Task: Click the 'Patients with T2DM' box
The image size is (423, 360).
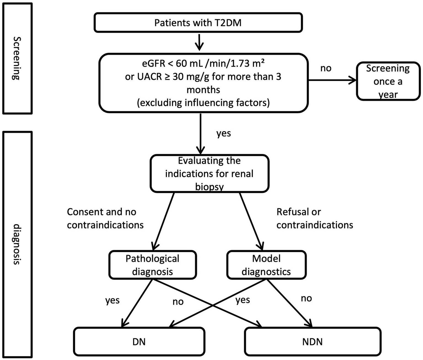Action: pos(198,23)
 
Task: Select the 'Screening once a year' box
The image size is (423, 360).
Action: pos(388,81)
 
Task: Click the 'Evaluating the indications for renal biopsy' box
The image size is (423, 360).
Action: pos(209,174)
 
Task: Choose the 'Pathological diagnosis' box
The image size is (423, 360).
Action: pos(152,265)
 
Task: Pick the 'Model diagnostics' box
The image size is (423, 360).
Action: pos(266,265)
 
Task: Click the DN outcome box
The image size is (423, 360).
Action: pos(139,342)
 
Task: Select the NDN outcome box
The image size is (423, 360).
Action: pos(312,342)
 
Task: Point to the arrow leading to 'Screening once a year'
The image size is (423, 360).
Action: pos(332,81)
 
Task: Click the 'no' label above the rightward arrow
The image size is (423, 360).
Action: pos(326,68)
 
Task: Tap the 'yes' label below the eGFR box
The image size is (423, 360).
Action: pos(223,134)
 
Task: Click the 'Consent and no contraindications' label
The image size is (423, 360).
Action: pos(105,218)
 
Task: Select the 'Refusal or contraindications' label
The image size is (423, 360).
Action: pos(314,218)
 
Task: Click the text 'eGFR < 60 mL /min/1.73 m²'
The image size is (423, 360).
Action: pos(203,64)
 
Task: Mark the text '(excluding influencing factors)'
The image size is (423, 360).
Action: pos(203,103)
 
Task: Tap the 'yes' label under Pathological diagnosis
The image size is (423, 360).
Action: pos(112,300)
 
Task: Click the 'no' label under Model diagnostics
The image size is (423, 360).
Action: pos(306,298)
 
